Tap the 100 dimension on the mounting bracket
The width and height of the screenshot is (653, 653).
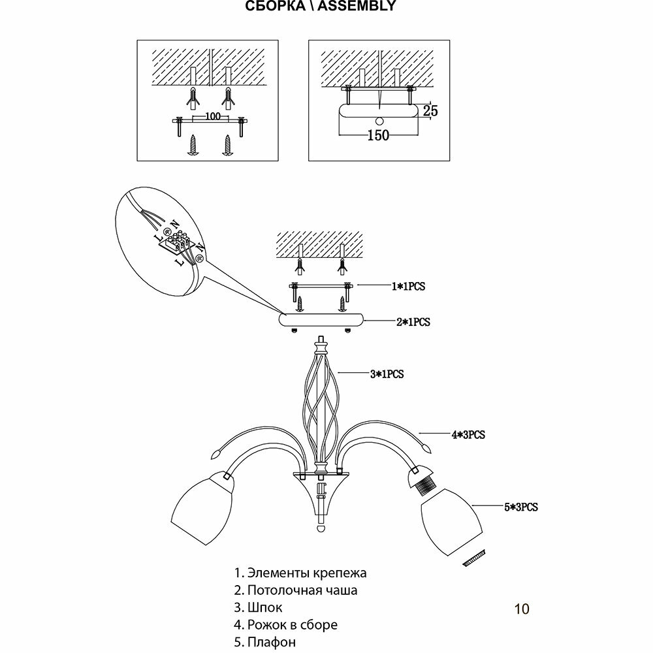(x=211, y=116)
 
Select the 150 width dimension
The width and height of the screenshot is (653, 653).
(x=379, y=135)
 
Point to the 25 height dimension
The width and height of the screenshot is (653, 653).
(x=430, y=110)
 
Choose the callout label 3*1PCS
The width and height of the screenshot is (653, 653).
(x=388, y=375)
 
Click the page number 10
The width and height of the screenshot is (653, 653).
(x=522, y=609)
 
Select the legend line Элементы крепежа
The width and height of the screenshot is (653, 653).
(x=300, y=573)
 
